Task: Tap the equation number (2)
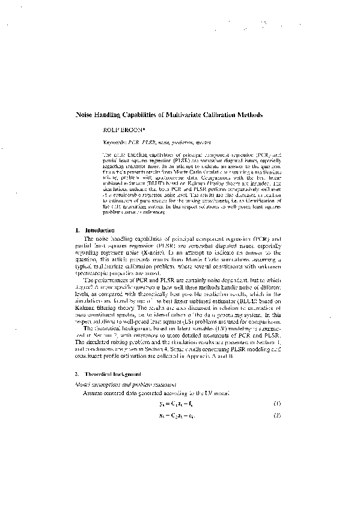pyautogui.click(x=277, y=416)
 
